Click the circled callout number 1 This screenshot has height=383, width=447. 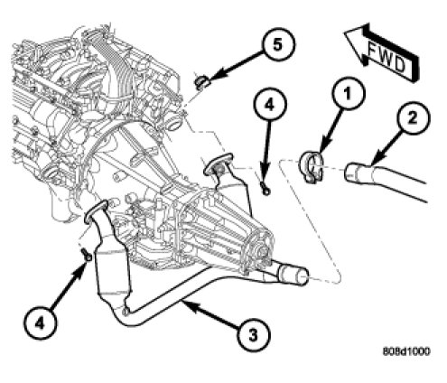tap(348, 93)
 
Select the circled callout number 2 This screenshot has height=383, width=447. tap(413, 117)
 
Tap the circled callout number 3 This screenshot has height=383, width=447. tap(253, 335)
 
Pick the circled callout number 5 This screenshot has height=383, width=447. tap(277, 45)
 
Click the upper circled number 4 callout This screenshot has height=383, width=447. tap(269, 105)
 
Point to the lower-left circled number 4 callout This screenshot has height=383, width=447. tap(40, 323)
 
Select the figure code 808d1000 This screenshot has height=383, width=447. tap(406, 351)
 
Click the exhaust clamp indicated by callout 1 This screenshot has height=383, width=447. tap(311, 166)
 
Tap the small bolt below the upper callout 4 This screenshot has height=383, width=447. tap(265, 189)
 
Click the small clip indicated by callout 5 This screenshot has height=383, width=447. tap(202, 82)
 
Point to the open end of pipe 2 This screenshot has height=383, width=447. tap(349, 173)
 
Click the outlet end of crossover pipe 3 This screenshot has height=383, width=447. tap(302, 276)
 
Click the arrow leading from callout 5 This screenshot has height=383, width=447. tap(237, 66)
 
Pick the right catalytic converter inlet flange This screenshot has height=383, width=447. tap(219, 164)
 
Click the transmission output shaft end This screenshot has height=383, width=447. tap(263, 250)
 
